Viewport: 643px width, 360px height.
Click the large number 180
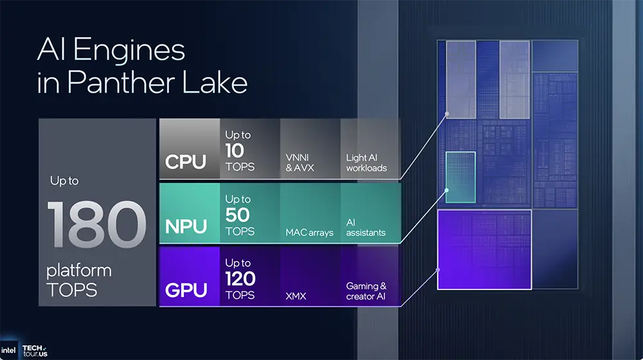click(96, 225)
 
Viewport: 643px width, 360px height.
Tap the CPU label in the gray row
click(186, 161)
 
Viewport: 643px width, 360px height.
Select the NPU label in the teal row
click(186, 226)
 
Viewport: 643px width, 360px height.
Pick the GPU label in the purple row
click(186, 291)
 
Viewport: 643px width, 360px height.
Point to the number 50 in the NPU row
click(237, 215)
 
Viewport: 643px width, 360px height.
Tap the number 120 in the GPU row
click(240, 279)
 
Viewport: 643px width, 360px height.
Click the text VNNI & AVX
click(300, 162)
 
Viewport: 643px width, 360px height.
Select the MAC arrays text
click(309, 232)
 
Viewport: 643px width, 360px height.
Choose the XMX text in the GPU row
click(296, 296)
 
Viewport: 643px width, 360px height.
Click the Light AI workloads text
click(367, 162)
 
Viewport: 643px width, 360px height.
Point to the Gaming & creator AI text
click(367, 291)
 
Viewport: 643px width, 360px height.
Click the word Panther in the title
click(117, 84)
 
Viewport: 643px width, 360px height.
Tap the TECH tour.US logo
click(35, 350)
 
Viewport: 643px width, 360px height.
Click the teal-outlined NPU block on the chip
click(460, 177)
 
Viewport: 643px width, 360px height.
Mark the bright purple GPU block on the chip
click(484, 249)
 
